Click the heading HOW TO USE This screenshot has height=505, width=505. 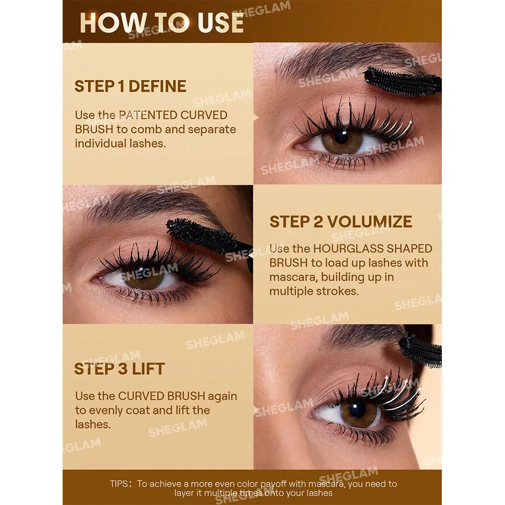click(161, 23)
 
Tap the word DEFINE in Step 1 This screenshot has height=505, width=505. click(157, 86)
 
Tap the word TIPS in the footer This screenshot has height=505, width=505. click(119, 484)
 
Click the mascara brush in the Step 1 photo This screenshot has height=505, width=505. click(402, 82)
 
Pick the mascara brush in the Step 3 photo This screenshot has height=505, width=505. click(420, 351)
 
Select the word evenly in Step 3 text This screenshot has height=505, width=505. click(105, 411)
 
